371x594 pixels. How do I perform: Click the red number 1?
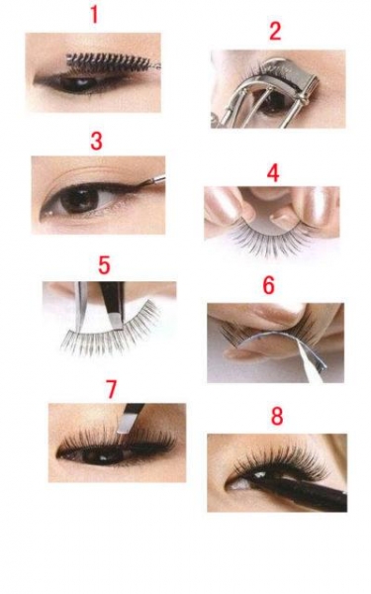(94, 15)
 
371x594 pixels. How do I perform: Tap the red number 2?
(275, 31)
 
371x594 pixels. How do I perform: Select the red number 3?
(97, 141)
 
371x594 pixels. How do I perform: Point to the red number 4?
(273, 173)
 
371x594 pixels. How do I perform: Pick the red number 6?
(268, 286)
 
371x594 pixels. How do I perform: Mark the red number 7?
(111, 389)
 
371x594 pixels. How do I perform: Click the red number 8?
(277, 416)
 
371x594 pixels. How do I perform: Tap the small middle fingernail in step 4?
(283, 218)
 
